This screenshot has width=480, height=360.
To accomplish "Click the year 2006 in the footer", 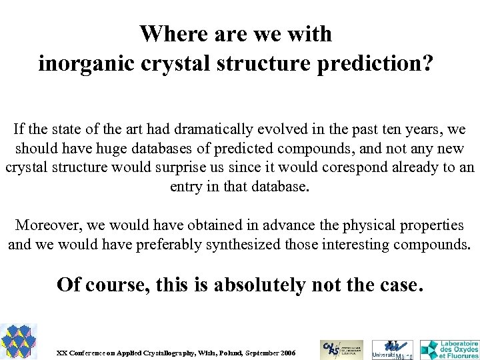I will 289,352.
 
